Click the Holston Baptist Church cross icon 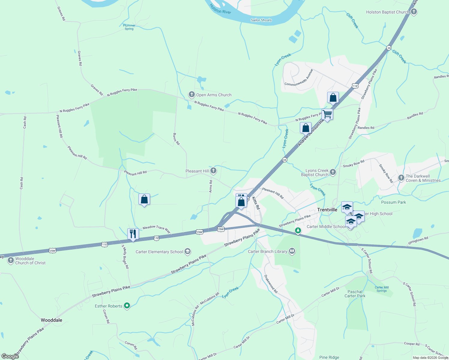414,12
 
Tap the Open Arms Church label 214,95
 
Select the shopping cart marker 327,114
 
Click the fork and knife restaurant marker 133,234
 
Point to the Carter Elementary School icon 188,251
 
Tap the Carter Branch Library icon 292,251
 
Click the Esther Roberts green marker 127,306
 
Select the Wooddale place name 52,320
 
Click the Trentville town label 327,210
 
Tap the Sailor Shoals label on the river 261,20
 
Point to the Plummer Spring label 129,27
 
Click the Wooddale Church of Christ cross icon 11,260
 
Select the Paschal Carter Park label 355,294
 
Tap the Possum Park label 393,202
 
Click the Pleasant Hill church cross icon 213,171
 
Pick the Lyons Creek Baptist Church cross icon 333,172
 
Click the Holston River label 220,9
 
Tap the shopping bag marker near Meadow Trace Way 144,199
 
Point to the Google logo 10,356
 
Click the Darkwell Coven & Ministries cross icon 401,178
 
